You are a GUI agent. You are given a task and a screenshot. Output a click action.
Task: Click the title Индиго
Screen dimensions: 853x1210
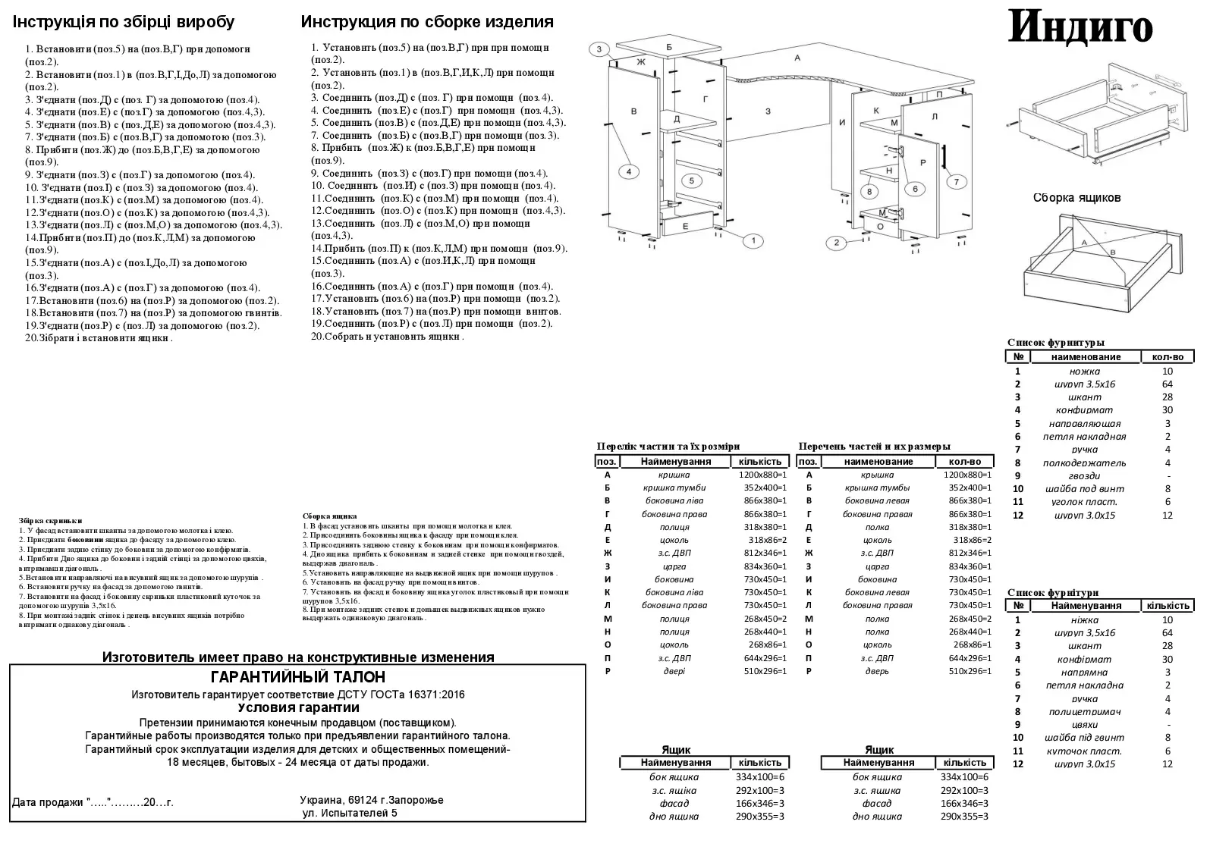point(1080,27)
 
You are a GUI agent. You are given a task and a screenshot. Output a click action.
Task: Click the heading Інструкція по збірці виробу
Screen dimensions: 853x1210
point(124,22)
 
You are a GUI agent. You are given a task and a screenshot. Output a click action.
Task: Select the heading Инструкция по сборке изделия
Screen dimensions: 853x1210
point(427,22)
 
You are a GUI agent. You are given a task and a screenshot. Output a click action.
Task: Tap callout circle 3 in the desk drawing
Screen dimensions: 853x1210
point(599,50)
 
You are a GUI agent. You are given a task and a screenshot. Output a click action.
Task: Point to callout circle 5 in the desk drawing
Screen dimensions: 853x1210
point(691,180)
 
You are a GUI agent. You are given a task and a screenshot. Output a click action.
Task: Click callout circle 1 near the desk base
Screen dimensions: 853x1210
point(753,241)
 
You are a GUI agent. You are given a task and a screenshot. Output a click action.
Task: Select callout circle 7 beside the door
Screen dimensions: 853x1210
point(957,181)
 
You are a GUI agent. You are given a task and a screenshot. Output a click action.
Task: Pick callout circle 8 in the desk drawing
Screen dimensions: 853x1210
point(870,191)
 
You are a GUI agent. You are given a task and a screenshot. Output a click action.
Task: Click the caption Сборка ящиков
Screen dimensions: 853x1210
point(1076,198)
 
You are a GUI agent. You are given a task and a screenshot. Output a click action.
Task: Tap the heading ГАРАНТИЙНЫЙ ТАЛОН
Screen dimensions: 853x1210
point(297,677)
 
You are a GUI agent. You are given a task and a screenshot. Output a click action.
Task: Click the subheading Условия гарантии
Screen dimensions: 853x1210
point(298,707)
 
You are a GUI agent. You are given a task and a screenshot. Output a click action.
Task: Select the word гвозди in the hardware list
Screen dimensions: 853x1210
point(1084,475)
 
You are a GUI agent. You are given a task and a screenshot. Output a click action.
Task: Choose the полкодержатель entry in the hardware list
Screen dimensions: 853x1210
point(1084,463)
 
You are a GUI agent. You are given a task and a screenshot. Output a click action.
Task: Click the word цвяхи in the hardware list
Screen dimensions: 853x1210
point(1084,724)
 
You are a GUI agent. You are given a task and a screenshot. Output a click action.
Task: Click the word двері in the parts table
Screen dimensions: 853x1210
point(674,671)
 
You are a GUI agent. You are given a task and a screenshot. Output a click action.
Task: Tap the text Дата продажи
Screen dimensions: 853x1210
point(46,802)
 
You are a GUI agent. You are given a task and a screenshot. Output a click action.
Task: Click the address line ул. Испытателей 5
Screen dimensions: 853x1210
point(349,814)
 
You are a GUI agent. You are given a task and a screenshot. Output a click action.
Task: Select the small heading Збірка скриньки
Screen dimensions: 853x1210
point(51,521)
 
